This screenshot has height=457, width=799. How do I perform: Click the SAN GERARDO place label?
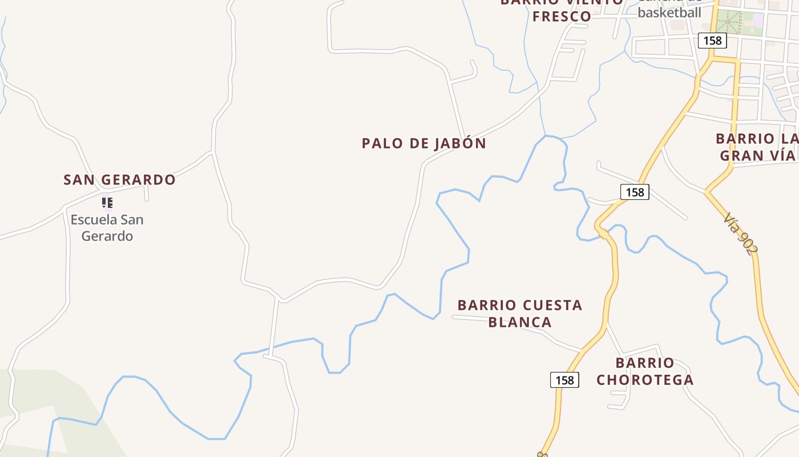pos(119,180)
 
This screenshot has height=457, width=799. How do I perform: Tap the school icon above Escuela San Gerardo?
pos(107,202)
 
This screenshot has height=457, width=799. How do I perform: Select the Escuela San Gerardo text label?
pos(107,228)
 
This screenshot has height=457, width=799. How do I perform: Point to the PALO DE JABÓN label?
pos(423,143)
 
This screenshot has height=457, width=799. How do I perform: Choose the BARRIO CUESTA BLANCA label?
pos(520,314)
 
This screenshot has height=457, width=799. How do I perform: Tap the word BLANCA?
pos(520,322)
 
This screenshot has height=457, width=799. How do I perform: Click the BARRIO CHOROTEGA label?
pos(645,371)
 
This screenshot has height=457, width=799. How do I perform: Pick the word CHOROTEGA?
pos(645,380)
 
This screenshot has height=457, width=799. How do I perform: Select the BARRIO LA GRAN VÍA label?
pos(757,147)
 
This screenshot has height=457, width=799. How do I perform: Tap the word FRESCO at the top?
pos(562,16)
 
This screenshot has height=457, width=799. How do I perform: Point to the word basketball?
pos(669,13)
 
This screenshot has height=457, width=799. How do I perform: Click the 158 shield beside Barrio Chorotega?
pos(564,380)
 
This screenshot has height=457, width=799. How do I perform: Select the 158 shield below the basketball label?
pos(712,41)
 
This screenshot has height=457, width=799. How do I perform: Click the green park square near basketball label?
pos(728,22)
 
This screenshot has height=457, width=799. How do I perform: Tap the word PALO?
pos(380,143)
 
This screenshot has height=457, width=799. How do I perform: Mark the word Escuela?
pos(92,220)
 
